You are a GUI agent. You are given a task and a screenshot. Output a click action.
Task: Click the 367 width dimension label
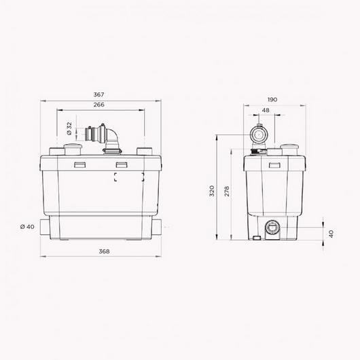(98, 94)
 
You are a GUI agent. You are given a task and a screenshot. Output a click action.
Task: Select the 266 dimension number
(98, 105)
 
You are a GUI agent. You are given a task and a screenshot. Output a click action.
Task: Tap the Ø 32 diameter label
(69, 128)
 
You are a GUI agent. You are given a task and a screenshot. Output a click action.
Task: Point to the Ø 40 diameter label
(27, 227)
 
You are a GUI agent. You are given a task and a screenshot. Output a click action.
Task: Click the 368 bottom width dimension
(104, 251)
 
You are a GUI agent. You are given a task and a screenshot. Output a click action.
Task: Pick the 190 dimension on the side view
(272, 100)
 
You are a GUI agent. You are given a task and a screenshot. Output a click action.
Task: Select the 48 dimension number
(266, 110)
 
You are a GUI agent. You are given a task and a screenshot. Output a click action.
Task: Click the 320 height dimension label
(212, 191)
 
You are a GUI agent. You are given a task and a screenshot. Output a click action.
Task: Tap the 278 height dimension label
(227, 191)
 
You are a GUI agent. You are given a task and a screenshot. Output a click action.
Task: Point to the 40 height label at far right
(331, 234)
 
